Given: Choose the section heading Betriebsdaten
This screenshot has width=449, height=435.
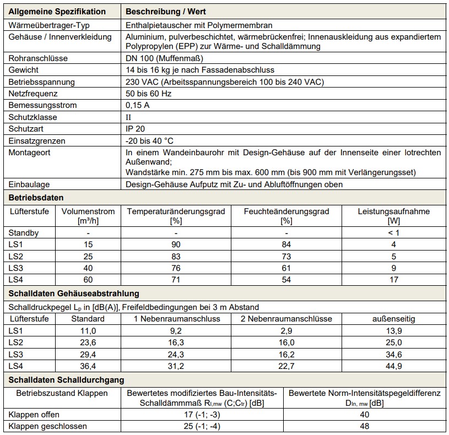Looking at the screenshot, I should click(35, 197).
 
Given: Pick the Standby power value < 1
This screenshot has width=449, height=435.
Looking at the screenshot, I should click(393, 233).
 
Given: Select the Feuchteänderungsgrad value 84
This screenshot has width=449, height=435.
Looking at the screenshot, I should click(286, 244).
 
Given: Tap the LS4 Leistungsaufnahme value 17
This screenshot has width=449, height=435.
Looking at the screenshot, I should click(393, 279).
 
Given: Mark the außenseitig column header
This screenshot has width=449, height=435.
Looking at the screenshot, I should click(393, 319).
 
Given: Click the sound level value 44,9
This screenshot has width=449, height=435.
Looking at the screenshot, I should click(393, 365).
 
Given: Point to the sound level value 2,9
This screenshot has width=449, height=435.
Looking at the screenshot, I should click(286, 330).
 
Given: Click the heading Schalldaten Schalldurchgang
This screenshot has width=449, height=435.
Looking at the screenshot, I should click(65, 380).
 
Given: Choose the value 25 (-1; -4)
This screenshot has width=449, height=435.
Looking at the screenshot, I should click(204, 426).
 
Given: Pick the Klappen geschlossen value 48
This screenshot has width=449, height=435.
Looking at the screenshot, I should click(364, 426).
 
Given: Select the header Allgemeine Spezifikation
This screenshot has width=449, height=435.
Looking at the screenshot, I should click(57, 11).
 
